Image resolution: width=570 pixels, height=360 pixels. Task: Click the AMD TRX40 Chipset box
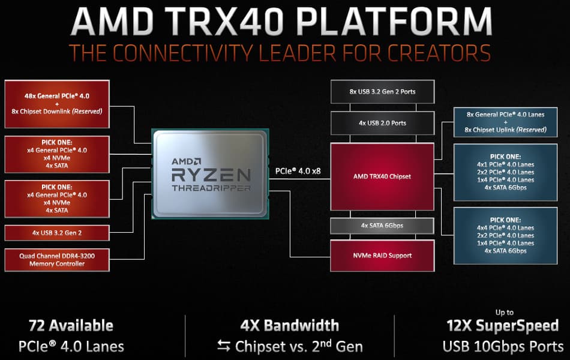pyautogui.click(x=382, y=176)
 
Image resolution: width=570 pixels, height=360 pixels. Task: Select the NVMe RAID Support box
pyautogui.click(x=382, y=255)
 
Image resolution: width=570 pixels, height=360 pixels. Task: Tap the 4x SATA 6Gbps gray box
pyautogui.click(x=382, y=226)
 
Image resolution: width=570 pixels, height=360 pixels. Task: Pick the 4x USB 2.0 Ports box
pyautogui.click(x=382, y=123)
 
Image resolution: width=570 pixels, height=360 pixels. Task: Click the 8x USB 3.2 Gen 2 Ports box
pyautogui.click(x=382, y=92)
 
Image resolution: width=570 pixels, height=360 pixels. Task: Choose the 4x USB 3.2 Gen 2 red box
pyautogui.click(x=57, y=233)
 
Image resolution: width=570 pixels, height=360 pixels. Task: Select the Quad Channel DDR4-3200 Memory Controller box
pyautogui.click(x=57, y=260)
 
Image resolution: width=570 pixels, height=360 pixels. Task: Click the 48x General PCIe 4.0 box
pyautogui.click(x=57, y=104)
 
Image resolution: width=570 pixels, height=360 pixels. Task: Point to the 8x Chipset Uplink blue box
pyautogui.click(x=505, y=122)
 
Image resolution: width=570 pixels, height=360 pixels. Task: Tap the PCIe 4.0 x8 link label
pyautogui.click(x=298, y=171)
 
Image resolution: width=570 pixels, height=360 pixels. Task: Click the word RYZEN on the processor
pyautogui.click(x=211, y=175)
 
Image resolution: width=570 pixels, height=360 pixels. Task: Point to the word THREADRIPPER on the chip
pyautogui.click(x=211, y=188)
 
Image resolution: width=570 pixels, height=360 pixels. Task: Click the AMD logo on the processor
pyautogui.click(x=186, y=161)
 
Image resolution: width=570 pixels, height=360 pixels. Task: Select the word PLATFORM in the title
pyautogui.click(x=394, y=21)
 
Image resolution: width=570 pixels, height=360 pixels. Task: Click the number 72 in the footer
pyautogui.click(x=37, y=325)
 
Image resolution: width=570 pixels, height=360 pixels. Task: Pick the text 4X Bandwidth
pyautogui.click(x=289, y=325)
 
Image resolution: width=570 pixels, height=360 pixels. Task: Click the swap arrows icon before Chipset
pyautogui.click(x=224, y=346)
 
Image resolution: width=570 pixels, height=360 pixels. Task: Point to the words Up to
pyautogui.click(x=504, y=313)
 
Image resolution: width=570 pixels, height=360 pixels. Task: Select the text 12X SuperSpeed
pyautogui.click(x=502, y=326)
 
